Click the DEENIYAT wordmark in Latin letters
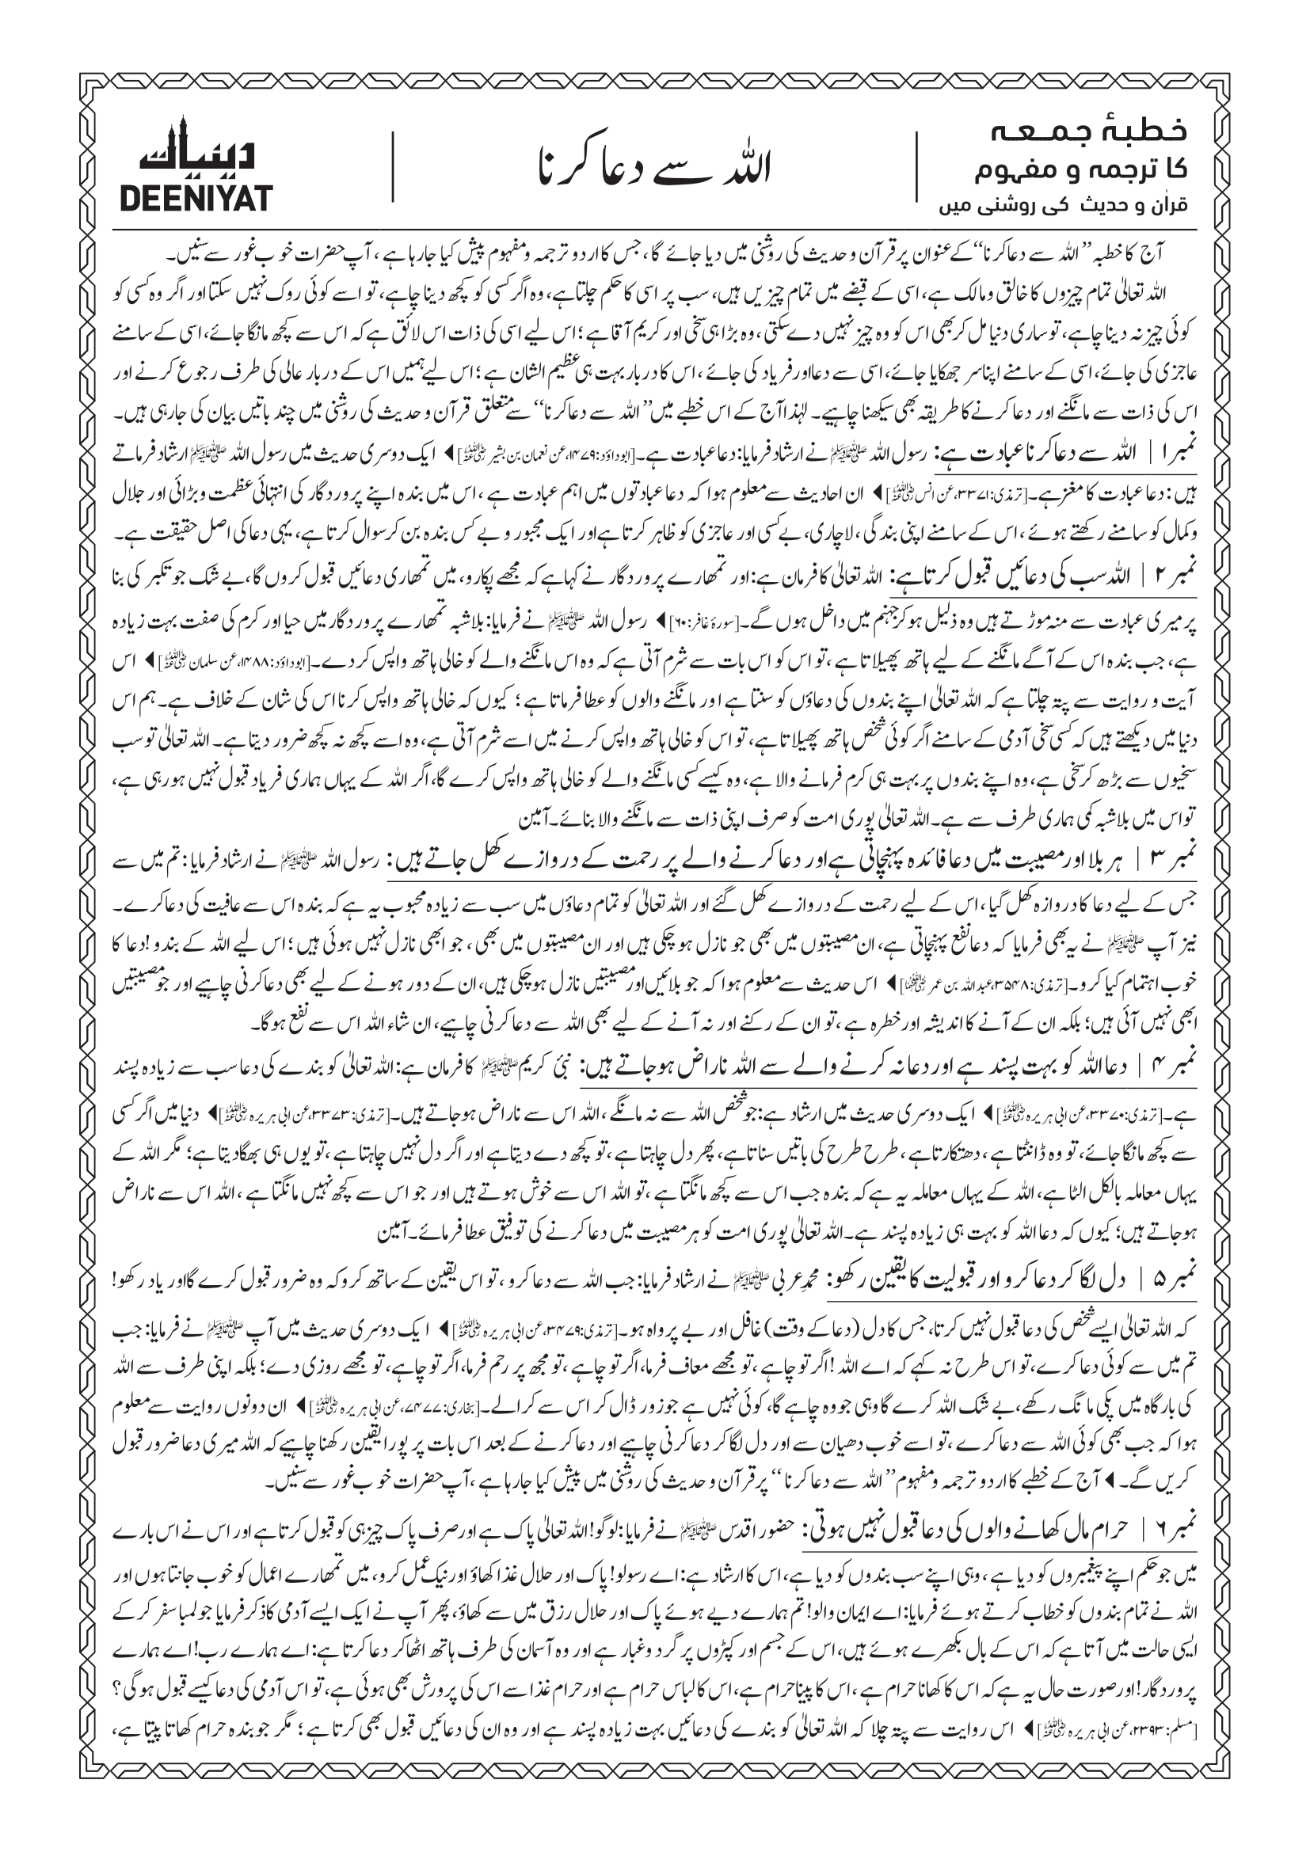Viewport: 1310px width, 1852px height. tap(196, 198)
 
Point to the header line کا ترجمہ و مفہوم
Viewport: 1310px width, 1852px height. tap(1081, 169)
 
